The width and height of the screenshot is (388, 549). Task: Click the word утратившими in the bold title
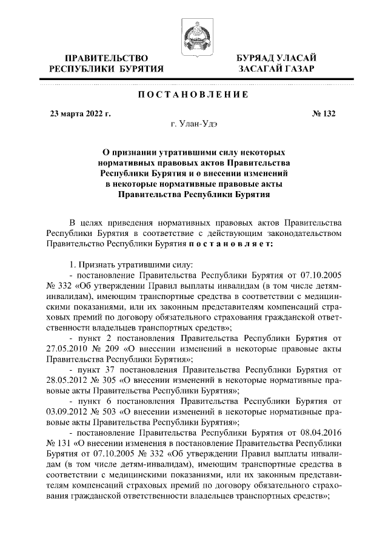[182, 152]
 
